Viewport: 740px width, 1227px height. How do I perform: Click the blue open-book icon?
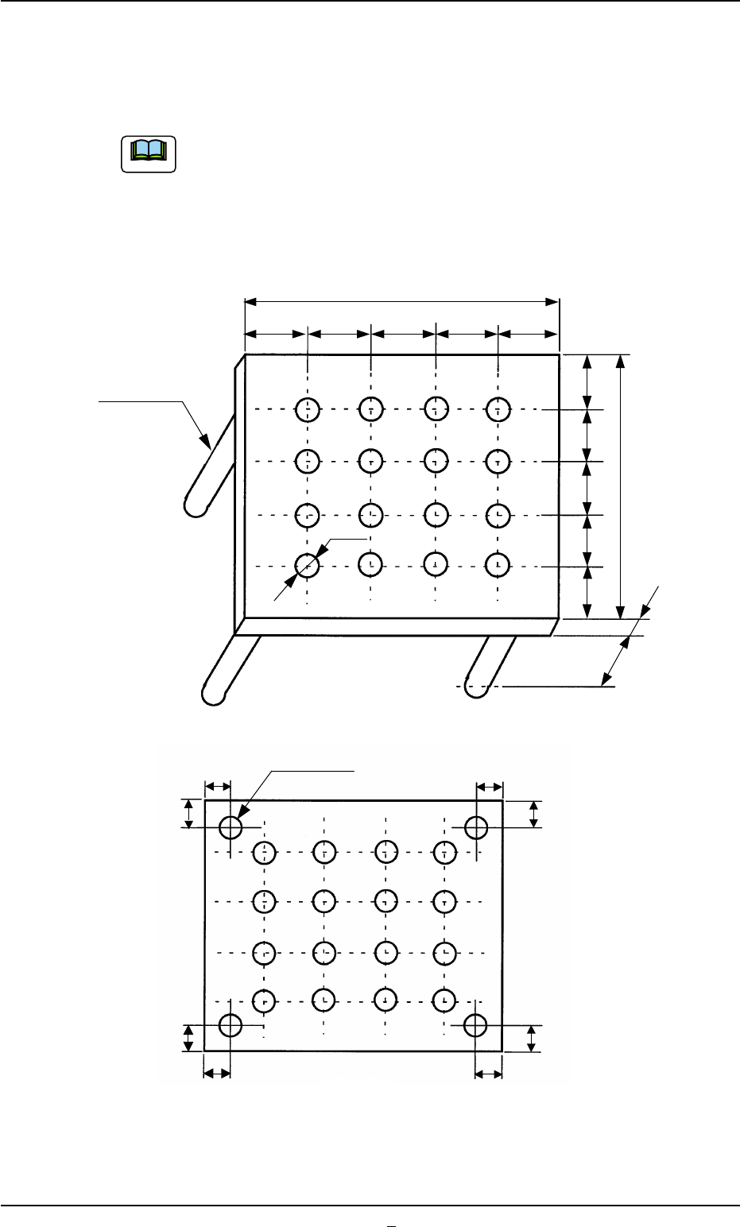[x=148, y=154]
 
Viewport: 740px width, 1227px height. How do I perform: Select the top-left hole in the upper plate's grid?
[x=307, y=410]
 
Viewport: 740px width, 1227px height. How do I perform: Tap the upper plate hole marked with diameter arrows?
[x=307, y=564]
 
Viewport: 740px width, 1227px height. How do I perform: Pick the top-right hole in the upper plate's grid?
[x=498, y=410]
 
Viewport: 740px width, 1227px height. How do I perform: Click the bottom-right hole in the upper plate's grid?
[x=498, y=564]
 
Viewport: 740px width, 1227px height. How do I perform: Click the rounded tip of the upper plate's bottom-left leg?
[x=213, y=692]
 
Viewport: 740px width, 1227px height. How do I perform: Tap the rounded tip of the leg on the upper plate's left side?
[x=194, y=506]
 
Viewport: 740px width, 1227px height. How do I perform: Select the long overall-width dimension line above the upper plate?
[x=401, y=301]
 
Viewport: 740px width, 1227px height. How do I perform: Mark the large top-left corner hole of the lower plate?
[x=231, y=827]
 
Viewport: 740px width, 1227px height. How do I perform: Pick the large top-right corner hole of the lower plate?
[x=476, y=827]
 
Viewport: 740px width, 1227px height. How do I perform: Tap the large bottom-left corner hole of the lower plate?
[x=231, y=1025]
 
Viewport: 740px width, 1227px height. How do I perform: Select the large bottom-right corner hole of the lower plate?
[x=475, y=1025]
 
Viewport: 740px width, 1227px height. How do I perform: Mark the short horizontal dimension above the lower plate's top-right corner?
[x=490, y=787]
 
